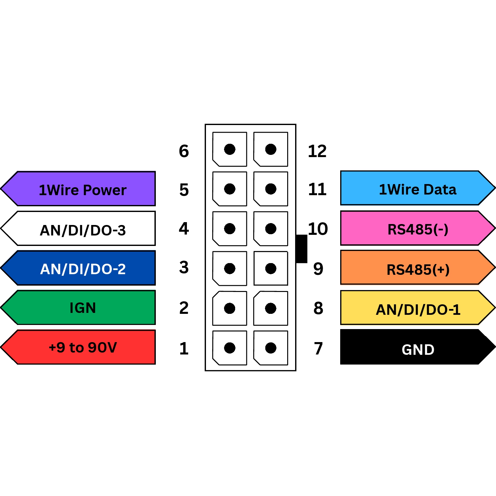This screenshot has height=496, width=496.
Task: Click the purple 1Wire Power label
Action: [83, 189]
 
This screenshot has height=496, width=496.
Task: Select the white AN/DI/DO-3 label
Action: [83, 229]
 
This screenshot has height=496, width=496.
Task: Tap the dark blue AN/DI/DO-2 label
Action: [83, 268]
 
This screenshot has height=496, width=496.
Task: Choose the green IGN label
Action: [83, 308]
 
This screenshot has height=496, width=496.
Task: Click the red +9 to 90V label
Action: [83, 347]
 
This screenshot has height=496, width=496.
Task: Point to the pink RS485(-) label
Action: [417, 228]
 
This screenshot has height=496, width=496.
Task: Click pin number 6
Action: [184, 151]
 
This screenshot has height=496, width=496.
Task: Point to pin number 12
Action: [317, 151]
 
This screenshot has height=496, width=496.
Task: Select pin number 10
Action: [318, 229]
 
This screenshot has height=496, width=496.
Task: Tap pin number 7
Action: [318, 348]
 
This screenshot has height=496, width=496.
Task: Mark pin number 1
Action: [184, 348]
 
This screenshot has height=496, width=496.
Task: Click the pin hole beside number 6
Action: [229, 149]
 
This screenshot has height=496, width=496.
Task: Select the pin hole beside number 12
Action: [271, 149]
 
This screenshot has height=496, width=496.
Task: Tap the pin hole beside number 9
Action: [271, 268]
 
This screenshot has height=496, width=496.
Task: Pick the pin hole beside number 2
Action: [229, 308]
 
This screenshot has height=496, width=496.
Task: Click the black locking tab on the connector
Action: [301, 249]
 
